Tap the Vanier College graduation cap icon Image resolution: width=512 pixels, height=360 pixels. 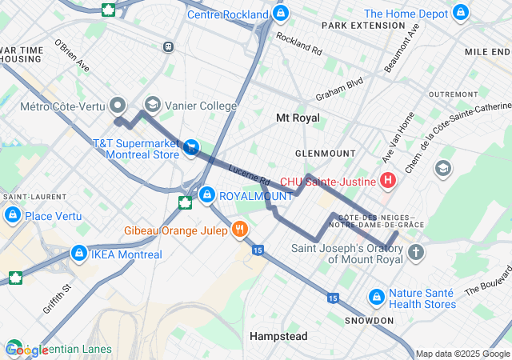coord(152,105)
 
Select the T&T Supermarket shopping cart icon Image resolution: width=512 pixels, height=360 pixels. coord(191,146)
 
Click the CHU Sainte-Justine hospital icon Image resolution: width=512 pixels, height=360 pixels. coord(388,181)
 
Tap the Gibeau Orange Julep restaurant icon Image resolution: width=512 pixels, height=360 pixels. coord(239,231)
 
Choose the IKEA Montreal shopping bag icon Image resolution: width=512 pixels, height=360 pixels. coord(78,254)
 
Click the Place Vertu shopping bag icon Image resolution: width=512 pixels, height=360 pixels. coord(12,215)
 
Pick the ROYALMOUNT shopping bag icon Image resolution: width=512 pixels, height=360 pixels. coord(207,194)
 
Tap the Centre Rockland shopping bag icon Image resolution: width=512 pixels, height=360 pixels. coord(280,14)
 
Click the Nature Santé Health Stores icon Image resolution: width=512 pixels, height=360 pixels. coord(376,298)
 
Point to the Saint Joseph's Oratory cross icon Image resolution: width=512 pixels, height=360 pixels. coord(415,253)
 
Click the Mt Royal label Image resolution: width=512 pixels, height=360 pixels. coord(298,118)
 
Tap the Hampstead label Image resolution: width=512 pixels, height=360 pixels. coord(278,336)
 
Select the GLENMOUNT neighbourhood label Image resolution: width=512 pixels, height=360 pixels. coord(325,153)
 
